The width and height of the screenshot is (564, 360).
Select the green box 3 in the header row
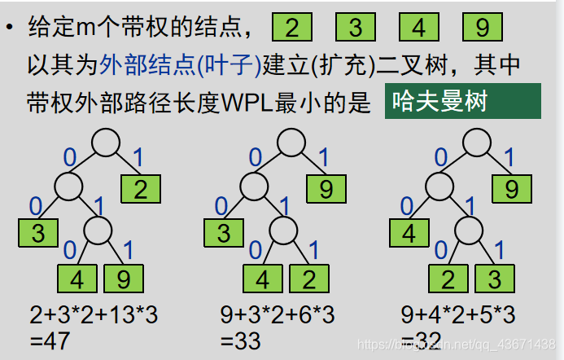point(356,28)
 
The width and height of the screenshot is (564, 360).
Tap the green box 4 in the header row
point(419,28)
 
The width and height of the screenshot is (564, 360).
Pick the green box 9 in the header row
point(482,28)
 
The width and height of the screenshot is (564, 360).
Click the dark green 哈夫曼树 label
point(461,101)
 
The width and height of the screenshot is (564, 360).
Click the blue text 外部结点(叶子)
point(180,64)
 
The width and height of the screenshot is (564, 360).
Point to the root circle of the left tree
point(106,143)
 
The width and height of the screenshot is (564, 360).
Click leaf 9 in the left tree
point(122,279)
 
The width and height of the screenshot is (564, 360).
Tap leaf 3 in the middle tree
point(224,234)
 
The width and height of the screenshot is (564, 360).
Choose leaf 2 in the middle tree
point(308,279)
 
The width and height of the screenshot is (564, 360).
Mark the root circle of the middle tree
point(291,143)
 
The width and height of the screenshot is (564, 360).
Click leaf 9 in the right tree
point(511,189)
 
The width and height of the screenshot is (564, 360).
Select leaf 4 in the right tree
point(409,234)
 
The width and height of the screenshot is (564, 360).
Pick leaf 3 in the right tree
point(493,279)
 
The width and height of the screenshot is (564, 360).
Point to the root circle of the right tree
point(476,143)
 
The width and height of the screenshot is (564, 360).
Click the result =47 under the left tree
point(50,340)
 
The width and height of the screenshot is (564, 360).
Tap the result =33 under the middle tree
point(240,340)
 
